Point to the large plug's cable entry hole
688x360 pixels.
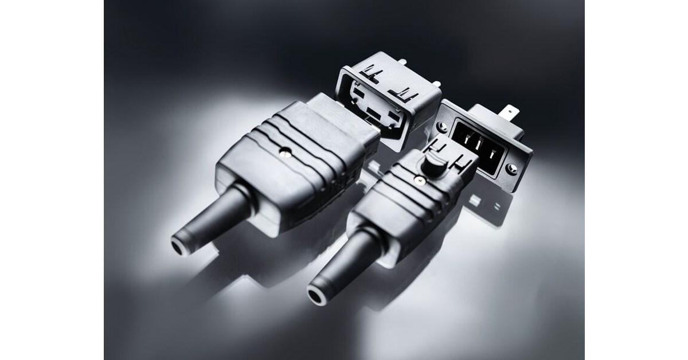pos(179,245)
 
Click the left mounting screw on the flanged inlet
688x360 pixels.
pos(442,126)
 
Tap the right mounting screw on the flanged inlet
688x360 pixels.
pos(511,169)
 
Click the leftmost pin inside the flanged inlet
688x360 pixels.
pos(464,138)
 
